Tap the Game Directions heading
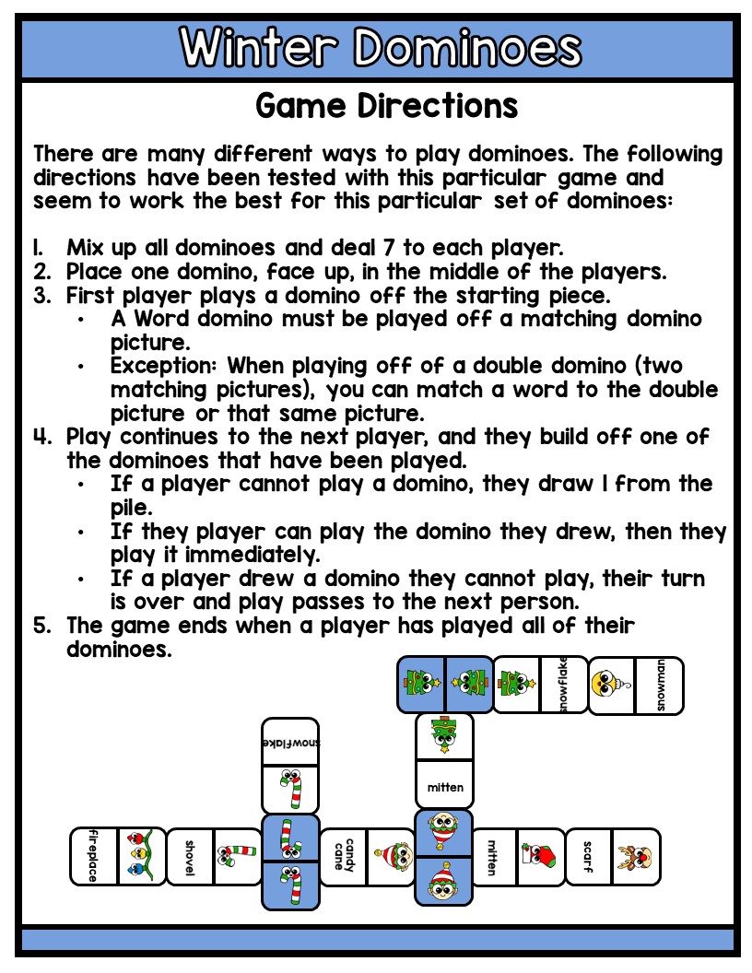(386, 106)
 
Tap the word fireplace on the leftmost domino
(93, 856)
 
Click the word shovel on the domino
(189, 856)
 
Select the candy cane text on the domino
(343, 856)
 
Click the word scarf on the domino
(588, 856)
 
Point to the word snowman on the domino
(660, 686)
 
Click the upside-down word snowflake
(290, 742)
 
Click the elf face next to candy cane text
(391, 857)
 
